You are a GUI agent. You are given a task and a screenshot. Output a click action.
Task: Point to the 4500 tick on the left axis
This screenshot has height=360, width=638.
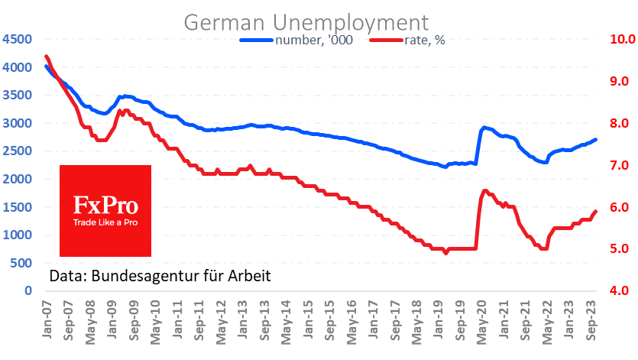17,40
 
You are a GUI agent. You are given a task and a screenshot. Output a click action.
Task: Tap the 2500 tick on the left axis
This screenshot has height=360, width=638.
17,151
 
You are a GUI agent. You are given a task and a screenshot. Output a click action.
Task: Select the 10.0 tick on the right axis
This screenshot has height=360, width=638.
616,40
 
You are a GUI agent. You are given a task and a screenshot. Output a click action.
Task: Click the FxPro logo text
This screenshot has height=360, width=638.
105,205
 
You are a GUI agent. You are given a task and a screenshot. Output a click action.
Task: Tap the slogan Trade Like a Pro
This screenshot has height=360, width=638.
105,223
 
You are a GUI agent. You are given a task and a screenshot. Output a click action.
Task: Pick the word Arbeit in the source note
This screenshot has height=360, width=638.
251,275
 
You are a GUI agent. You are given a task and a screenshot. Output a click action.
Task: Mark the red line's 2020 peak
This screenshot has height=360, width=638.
485,190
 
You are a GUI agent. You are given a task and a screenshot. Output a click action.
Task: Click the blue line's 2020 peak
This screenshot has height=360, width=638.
484,128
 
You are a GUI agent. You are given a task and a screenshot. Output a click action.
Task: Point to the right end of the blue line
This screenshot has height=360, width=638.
596,139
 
